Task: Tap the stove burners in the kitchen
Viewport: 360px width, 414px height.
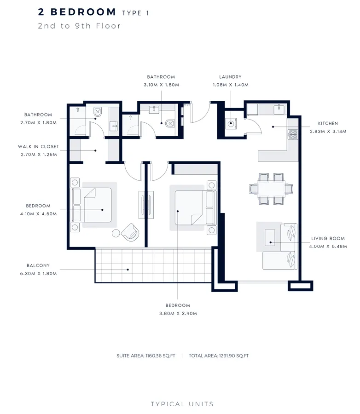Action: (x=292, y=134)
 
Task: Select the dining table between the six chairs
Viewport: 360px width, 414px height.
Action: (x=271, y=188)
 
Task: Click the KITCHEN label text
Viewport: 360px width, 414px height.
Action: (x=328, y=123)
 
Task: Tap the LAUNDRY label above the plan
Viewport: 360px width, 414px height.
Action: (x=230, y=77)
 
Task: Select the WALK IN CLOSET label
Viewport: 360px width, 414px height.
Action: (x=38, y=147)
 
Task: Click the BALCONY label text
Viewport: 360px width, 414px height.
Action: (x=38, y=265)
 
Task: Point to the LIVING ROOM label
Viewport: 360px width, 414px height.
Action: (x=325, y=238)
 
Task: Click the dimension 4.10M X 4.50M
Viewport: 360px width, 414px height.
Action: (x=38, y=214)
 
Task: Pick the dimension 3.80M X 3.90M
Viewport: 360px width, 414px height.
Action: (x=178, y=313)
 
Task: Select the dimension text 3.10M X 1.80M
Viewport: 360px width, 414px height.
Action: (x=161, y=85)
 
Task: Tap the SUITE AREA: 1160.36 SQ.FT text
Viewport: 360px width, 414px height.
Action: (x=146, y=356)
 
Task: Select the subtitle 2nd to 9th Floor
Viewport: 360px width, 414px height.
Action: (x=79, y=26)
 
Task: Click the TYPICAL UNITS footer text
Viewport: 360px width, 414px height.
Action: (x=182, y=404)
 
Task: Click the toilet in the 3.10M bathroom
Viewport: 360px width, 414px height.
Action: (x=170, y=123)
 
